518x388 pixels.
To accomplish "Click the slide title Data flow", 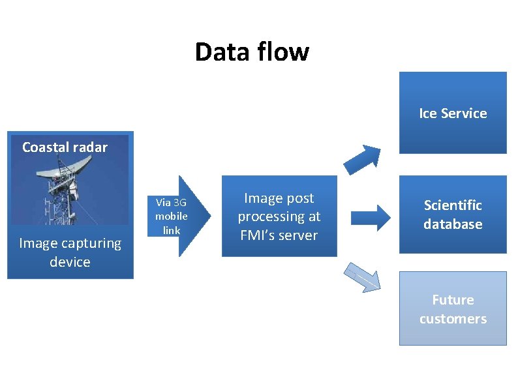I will [252, 52].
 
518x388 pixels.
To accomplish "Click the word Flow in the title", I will [280, 52].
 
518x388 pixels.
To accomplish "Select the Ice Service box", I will [453, 113].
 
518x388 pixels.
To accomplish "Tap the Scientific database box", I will [453, 215].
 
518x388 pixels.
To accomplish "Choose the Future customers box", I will [453, 309].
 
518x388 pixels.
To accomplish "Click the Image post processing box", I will [279, 216].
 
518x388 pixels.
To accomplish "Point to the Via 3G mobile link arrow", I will [183, 216].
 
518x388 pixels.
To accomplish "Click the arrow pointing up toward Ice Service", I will [363, 157].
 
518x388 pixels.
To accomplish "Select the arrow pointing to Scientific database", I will [371, 217].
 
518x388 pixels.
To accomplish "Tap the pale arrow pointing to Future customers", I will [362, 276].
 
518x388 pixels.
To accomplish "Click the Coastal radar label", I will [65, 147].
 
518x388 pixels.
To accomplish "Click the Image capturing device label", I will [70, 252].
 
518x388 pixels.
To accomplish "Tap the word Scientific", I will [453, 205].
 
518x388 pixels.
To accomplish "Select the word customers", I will [453, 319].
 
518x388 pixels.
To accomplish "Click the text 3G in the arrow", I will [179, 203].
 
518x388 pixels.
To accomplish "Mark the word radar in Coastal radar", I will [91, 147].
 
